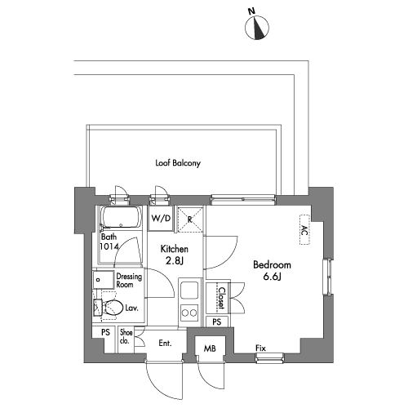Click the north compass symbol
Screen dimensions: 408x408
click(x=257, y=28)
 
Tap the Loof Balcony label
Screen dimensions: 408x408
click(x=178, y=163)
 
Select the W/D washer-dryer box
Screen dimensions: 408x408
click(x=161, y=218)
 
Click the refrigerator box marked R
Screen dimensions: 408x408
click(x=190, y=220)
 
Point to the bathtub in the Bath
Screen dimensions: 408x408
click(x=121, y=218)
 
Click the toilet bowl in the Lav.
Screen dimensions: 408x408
click(x=113, y=308)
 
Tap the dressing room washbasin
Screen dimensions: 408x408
click(x=103, y=279)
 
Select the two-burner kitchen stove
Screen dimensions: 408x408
click(x=189, y=313)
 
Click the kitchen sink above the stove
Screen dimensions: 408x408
click(x=189, y=290)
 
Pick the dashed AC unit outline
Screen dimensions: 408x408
click(x=304, y=229)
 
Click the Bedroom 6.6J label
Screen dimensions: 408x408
click(x=272, y=271)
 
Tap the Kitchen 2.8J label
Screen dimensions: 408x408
click(x=175, y=255)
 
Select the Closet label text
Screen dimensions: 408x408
click(x=222, y=298)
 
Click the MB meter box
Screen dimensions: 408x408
click(x=210, y=348)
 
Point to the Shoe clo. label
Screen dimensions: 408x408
click(x=126, y=336)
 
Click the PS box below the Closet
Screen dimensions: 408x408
click(x=217, y=322)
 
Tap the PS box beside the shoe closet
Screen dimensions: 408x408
click(x=105, y=332)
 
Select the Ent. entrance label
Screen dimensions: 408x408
click(x=165, y=344)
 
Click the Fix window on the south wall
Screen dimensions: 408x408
click(x=269, y=357)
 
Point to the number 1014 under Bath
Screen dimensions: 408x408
click(x=109, y=246)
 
